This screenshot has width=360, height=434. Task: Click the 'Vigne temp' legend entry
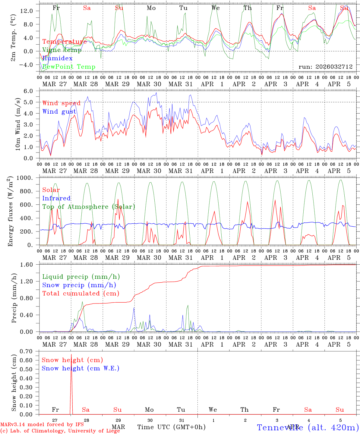point(62,50)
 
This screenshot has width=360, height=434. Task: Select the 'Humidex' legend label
point(58,58)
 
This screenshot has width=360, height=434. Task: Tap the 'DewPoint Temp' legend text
point(69,67)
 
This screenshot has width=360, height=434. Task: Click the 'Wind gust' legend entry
point(59,112)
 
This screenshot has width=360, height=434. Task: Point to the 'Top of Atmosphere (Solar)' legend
point(89,207)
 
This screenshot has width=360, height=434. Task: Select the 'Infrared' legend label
point(56,198)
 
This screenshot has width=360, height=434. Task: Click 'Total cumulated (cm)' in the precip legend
point(81,293)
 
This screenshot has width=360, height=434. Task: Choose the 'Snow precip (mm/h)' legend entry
point(79,285)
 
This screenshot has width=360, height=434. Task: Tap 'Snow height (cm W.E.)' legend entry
point(81,368)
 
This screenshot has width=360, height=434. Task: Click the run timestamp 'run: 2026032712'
point(326,67)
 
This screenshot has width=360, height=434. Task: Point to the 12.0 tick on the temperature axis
point(31,11)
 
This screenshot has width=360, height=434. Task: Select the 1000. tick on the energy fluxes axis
point(29,178)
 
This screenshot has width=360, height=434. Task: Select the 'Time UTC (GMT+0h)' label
point(171,427)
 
